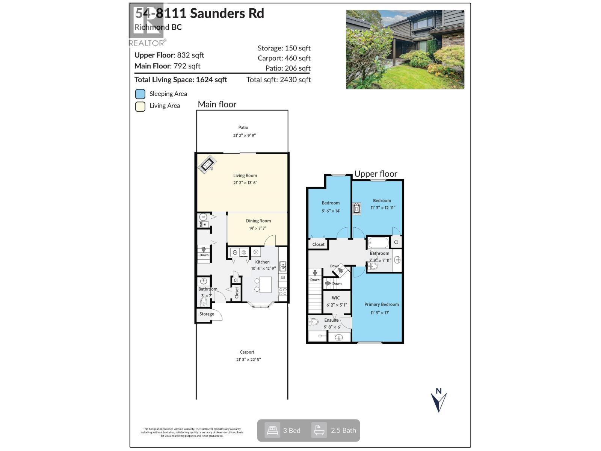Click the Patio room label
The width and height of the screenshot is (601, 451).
pos(243,127)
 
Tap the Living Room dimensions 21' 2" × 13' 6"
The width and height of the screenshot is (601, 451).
pos(245,183)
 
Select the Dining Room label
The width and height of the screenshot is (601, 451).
pos(258,221)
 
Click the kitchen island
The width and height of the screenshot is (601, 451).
pos(266,285)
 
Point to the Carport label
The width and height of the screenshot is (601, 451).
pos(247,352)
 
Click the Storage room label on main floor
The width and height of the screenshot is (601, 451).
pos(207,314)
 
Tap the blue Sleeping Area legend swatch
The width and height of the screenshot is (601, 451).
pos(140,94)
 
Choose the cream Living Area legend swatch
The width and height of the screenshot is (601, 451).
pos(140,106)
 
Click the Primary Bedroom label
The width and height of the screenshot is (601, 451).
pos(382,304)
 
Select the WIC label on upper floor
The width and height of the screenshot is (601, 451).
pos(336,298)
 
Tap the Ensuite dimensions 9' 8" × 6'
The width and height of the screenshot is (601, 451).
pos(332,327)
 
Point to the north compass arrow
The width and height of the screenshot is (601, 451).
pos(438,401)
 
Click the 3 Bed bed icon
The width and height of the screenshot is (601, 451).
pos(272,430)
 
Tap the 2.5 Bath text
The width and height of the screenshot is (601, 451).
pos(343,430)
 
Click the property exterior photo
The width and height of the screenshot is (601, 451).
pos(405,50)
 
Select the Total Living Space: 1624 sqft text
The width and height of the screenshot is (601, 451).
pos(181,80)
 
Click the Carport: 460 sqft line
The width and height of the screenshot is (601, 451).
pos(284,58)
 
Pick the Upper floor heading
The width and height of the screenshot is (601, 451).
pos(376,174)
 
